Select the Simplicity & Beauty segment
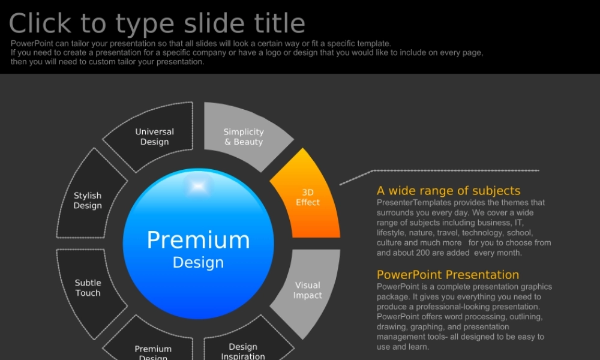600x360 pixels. point(244,137)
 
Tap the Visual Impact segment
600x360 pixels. point(308,290)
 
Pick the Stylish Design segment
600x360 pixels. point(88,200)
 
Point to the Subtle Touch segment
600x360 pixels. point(88,287)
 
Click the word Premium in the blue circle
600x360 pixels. point(198,240)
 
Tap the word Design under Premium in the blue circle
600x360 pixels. point(198,262)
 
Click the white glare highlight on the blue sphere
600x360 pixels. point(198,186)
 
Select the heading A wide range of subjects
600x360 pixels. point(448,191)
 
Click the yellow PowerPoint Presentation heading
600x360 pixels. point(448,275)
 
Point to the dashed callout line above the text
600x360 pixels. point(439,171)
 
